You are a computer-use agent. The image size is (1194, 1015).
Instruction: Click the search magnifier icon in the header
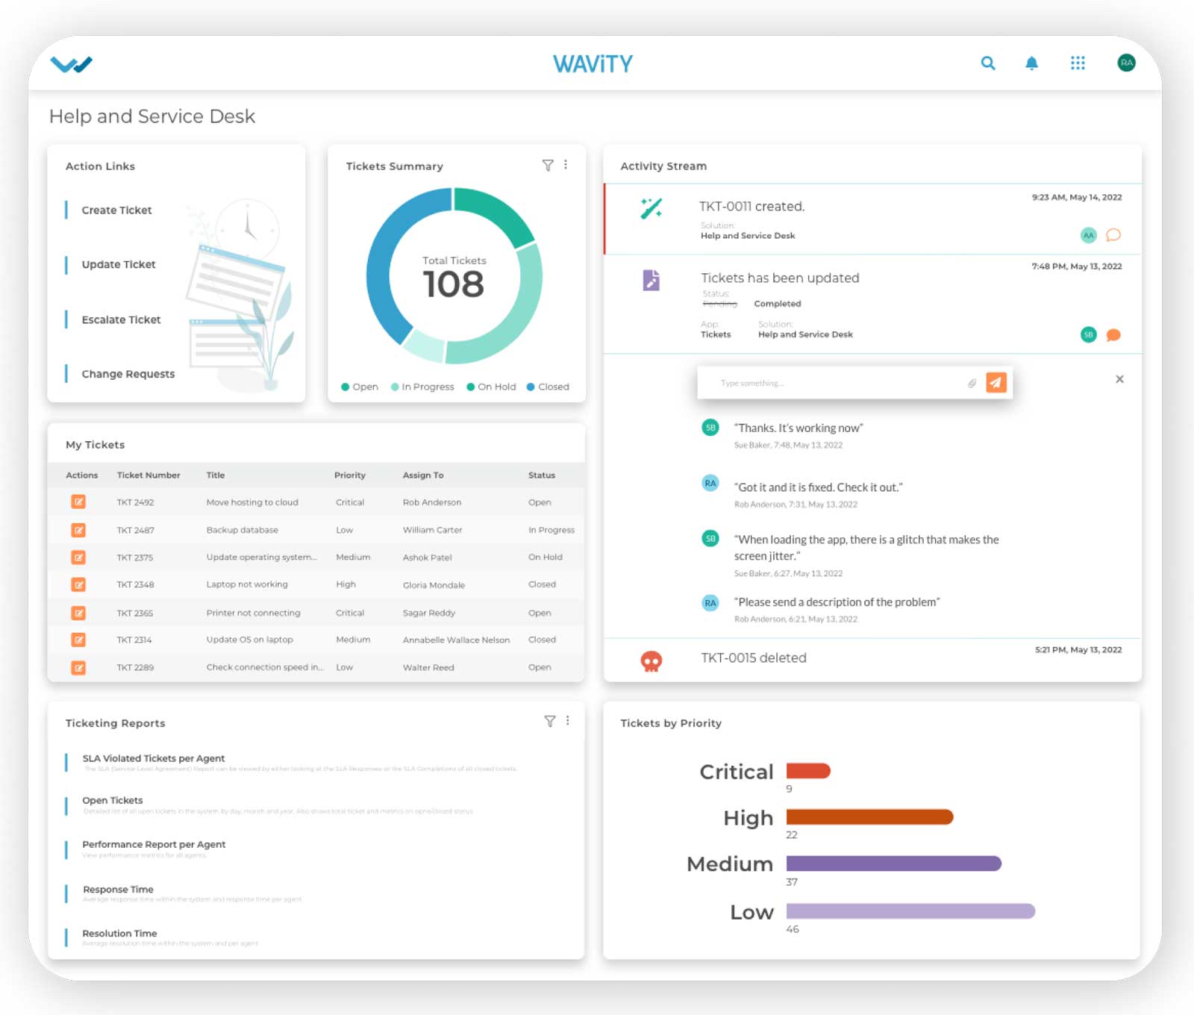tap(987, 63)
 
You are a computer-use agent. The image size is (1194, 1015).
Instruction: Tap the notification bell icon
tap(1031, 63)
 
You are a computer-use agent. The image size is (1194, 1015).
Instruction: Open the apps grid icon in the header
tap(1077, 63)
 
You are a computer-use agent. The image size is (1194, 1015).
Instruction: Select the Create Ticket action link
tap(116, 210)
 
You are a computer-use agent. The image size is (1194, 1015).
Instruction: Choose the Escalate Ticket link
tap(121, 319)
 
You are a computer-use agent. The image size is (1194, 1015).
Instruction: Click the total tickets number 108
tap(453, 284)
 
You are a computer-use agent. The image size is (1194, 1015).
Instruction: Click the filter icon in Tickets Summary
tap(548, 165)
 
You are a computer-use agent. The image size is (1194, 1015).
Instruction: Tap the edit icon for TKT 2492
tap(78, 502)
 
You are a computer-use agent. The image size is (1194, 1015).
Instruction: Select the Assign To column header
tap(423, 475)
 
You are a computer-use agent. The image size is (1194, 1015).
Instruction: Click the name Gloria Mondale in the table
tap(434, 585)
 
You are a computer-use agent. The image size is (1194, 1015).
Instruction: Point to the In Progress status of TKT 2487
tap(551, 530)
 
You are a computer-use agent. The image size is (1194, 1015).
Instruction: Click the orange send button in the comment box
tap(995, 382)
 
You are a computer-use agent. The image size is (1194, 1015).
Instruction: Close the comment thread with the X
tap(1119, 379)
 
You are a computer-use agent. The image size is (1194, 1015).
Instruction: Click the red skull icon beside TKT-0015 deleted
tap(651, 660)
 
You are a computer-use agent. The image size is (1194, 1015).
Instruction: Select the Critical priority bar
tap(808, 771)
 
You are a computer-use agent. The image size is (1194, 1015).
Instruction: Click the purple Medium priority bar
tap(893, 863)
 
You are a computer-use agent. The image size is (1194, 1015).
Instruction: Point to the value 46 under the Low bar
tap(793, 929)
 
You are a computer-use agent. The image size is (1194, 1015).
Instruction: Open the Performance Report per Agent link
tap(154, 844)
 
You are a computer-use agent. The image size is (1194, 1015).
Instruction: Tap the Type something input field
tap(836, 383)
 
